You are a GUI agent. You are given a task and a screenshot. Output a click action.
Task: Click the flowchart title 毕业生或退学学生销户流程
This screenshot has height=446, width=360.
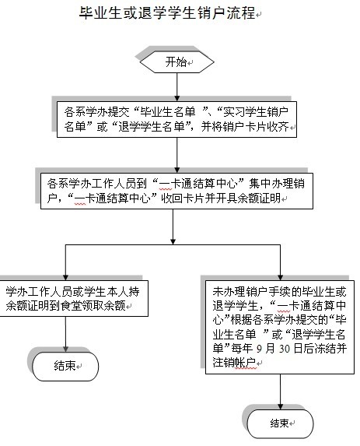[x=167, y=13]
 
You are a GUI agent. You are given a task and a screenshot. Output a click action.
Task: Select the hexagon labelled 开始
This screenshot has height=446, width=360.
[x=177, y=62]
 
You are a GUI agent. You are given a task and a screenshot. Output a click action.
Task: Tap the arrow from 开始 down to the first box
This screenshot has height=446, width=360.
[x=177, y=87]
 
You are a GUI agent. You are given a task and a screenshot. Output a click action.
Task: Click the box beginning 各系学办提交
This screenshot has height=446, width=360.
[x=177, y=119]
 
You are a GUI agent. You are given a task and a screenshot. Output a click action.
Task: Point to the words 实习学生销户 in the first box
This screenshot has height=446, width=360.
[x=256, y=112]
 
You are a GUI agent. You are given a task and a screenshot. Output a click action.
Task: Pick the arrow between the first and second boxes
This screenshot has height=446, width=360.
[x=177, y=156]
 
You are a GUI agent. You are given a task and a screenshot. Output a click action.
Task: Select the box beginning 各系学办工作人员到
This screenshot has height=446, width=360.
[x=177, y=191]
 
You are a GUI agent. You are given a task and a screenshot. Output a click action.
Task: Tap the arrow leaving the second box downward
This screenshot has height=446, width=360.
[x=173, y=227]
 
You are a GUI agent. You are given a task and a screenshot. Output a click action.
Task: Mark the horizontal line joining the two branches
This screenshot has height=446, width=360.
[x=173, y=244]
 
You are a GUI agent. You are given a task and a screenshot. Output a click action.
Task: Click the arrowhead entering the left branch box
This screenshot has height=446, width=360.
[x=65, y=278]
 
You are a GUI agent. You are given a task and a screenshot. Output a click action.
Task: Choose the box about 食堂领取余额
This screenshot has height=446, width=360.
[x=74, y=298]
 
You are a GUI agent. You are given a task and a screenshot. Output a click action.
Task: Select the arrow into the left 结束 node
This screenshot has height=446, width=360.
[x=65, y=334]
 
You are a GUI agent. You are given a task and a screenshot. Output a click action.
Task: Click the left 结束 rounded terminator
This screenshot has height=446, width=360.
[x=65, y=367]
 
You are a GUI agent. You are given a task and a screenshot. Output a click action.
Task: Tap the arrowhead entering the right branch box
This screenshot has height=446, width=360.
[x=281, y=278]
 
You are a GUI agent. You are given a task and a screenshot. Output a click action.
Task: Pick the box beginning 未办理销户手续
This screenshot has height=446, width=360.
[x=280, y=327]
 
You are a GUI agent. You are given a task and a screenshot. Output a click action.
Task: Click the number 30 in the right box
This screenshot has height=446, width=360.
[x=285, y=349]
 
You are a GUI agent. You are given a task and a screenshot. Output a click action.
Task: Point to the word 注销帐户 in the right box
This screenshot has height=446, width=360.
[x=234, y=363]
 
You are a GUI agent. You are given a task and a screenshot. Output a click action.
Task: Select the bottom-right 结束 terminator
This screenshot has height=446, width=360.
[x=281, y=423]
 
